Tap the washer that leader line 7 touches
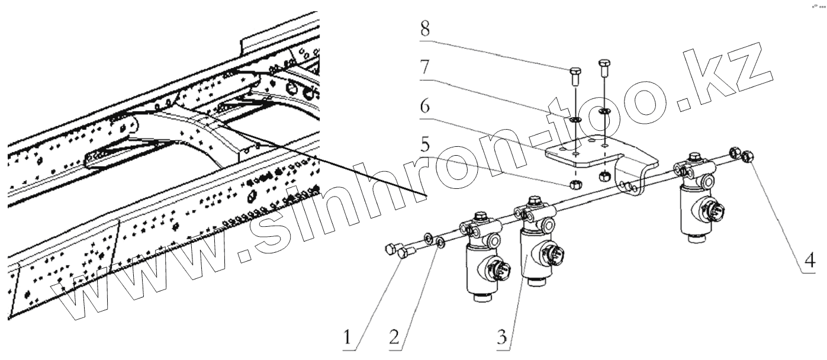point(575,120)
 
